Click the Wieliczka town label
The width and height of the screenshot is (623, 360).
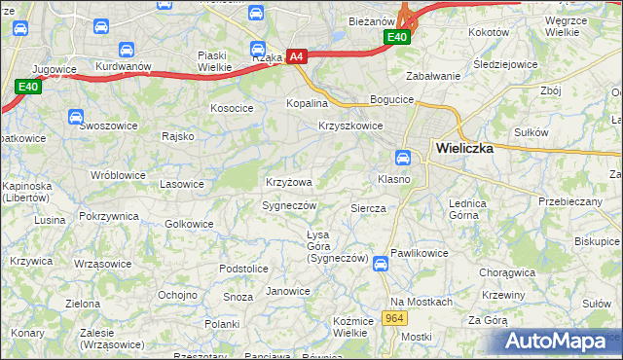pos(465,149)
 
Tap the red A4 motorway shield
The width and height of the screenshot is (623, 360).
pos(297,57)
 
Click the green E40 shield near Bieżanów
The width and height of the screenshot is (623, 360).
pos(396,37)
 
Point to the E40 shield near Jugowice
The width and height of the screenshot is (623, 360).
pos(27,87)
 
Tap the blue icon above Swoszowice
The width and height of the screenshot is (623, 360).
pos(76,117)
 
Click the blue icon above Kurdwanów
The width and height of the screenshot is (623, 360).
pos(126,49)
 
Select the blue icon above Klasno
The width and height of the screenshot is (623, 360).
pos(403,158)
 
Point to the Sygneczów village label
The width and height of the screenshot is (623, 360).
pos(290,205)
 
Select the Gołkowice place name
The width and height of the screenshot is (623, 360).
pos(189,223)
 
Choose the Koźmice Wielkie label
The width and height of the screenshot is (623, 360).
pos(353,326)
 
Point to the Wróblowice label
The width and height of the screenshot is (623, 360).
pos(118,175)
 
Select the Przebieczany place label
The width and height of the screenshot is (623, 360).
pos(570,200)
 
